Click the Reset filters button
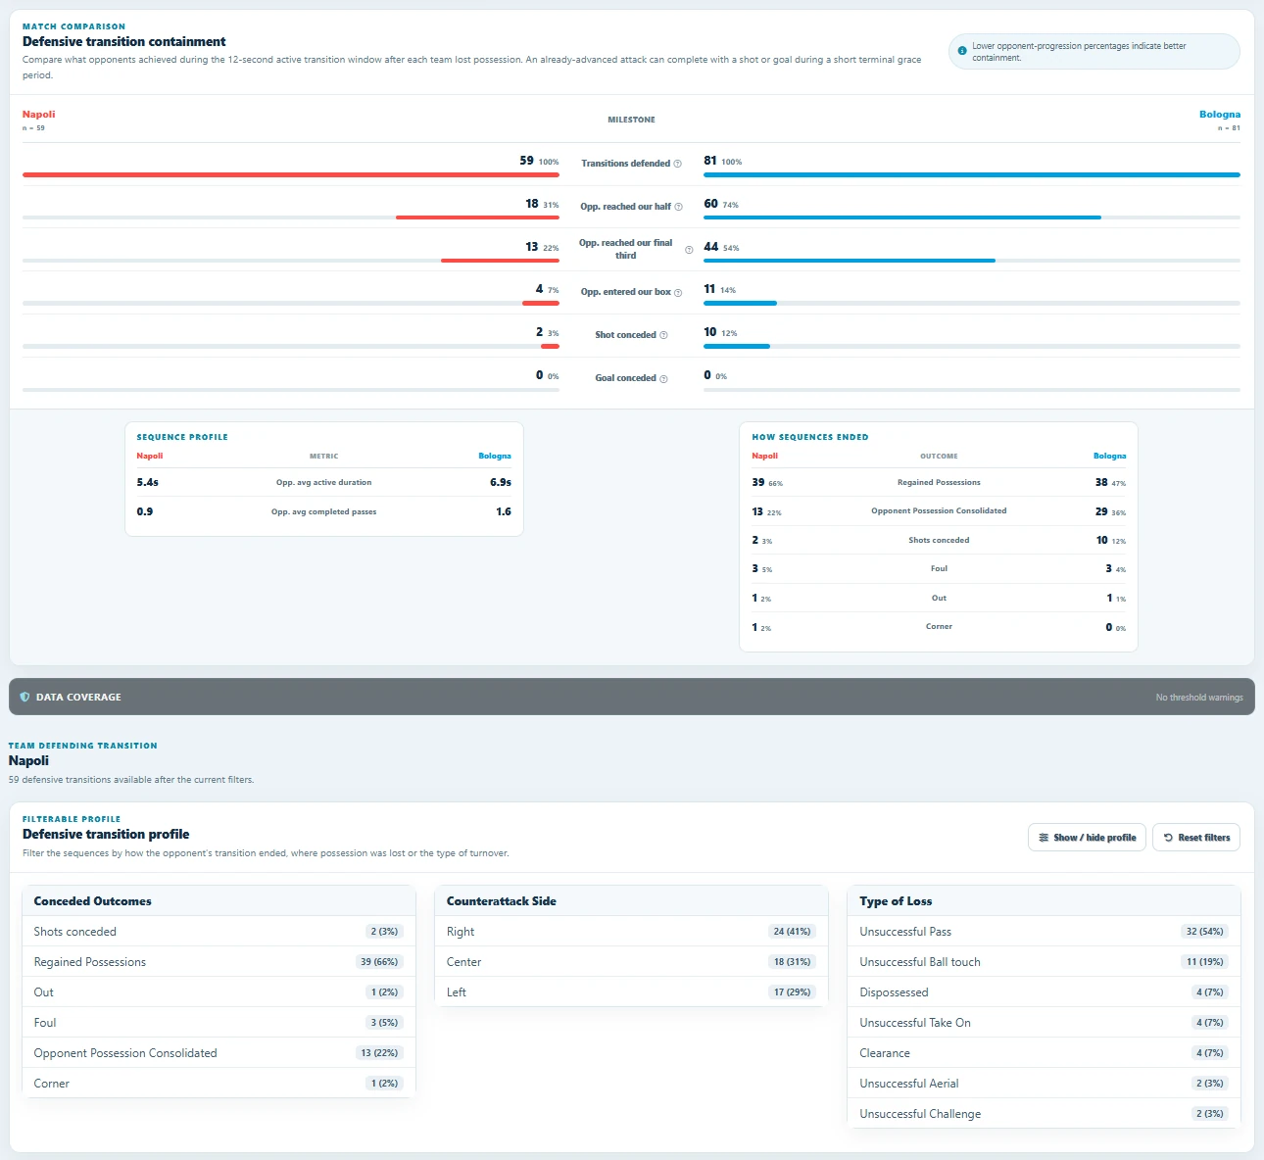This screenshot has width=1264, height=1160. (1196, 838)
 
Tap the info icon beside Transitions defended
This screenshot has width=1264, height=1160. (677, 164)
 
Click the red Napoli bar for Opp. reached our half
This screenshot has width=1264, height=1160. (477, 217)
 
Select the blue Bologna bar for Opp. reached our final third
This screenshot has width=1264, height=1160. (850, 261)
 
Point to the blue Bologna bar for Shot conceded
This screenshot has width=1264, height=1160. (737, 346)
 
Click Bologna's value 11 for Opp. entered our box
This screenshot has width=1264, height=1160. (709, 289)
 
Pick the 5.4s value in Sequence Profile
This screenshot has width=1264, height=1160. (147, 482)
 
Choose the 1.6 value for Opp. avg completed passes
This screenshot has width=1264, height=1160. (504, 511)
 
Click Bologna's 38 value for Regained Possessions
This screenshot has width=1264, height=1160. (1100, 482)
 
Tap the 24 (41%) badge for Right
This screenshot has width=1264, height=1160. (792, 932)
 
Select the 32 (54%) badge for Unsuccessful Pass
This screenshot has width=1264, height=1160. (1205, 932)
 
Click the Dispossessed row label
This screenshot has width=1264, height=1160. (894, 991)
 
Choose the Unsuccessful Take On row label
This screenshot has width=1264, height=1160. (915, 1022)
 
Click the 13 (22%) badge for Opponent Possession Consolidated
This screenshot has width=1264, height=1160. (379, 1053)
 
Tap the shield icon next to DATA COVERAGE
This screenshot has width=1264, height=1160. (24, 697)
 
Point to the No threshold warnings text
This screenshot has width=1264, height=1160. (1199, 697)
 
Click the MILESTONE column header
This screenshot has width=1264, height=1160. (631, 120)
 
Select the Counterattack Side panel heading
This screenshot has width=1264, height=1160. (502, 901)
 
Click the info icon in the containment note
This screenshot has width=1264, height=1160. (962, 51)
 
